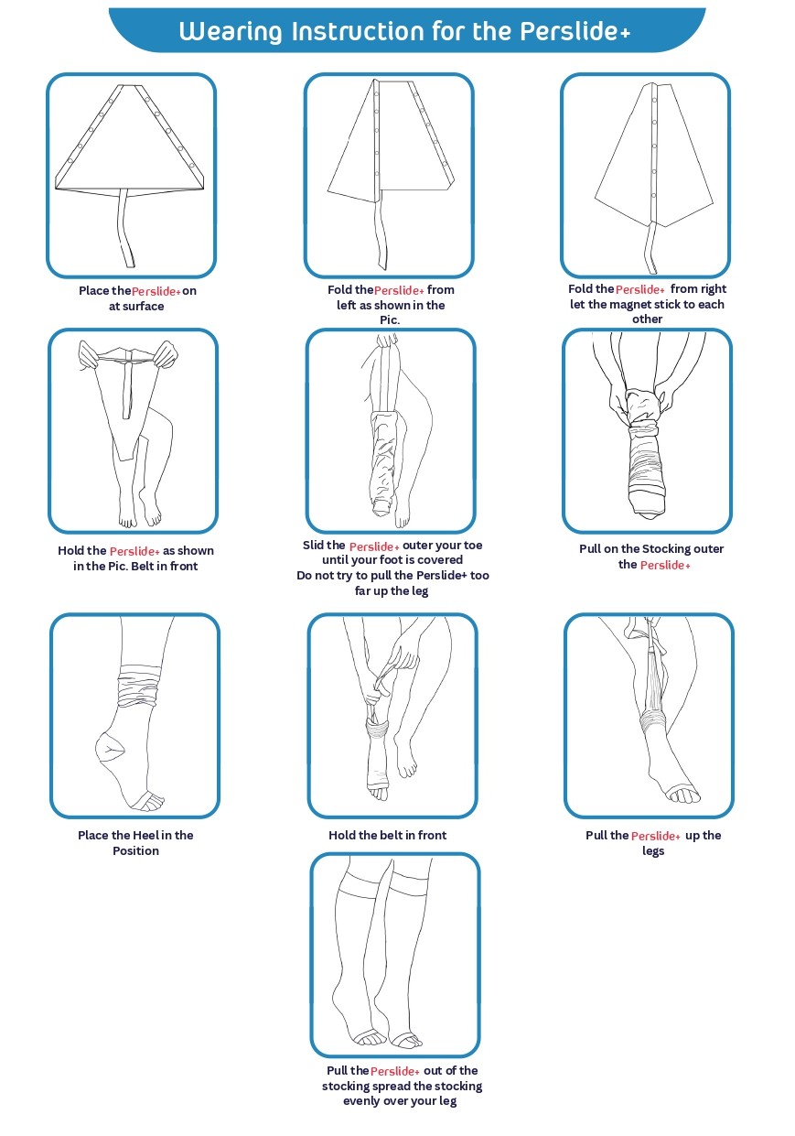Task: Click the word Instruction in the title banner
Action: [358, 32]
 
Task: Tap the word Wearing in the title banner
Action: [231, 32]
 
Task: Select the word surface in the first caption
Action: [144, 307]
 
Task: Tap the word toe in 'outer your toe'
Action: [473, 546]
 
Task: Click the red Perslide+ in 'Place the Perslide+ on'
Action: [156, 292]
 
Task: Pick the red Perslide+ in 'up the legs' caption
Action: [656, 836]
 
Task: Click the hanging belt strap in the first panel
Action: [125, 227]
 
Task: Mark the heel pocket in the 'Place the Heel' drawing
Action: [110, 746]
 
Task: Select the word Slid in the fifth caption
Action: [313, 546]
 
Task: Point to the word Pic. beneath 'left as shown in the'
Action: [390, 320]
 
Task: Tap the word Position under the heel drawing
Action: [135, 850]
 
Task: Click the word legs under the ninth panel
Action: [653, 851]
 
